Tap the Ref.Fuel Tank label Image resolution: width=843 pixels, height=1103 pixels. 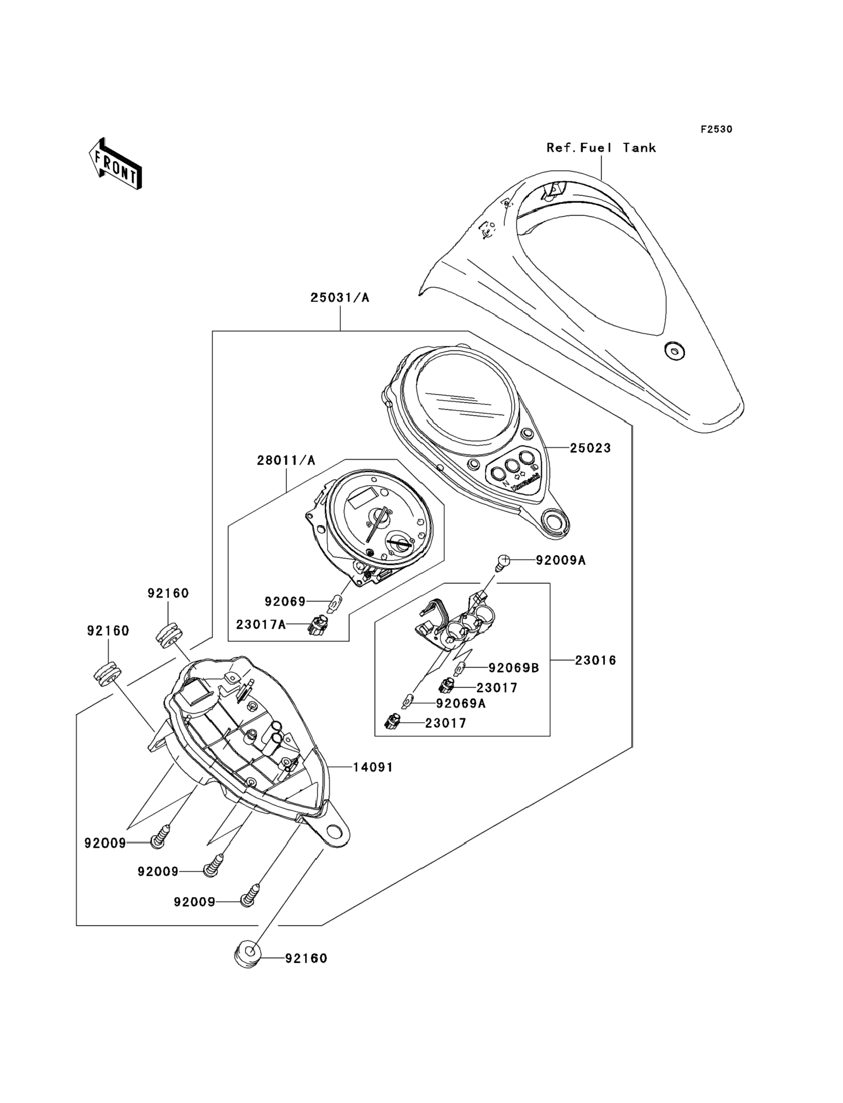pyautogui.click(x=601, y=148)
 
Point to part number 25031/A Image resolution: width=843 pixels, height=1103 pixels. pyautogui.click(x=340, y=298)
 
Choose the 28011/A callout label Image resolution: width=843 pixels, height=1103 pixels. pyautogui.click(x=286, y=461)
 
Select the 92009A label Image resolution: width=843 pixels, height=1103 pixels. pyautogui.click(x=561, y=560)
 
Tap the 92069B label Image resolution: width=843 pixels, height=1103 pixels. pyautogui.click(x=514, y=668)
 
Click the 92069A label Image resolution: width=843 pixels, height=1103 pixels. pyautogui.click(x=461, y=704)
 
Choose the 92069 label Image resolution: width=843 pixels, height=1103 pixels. pyautogui.click(x=285, y=602)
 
